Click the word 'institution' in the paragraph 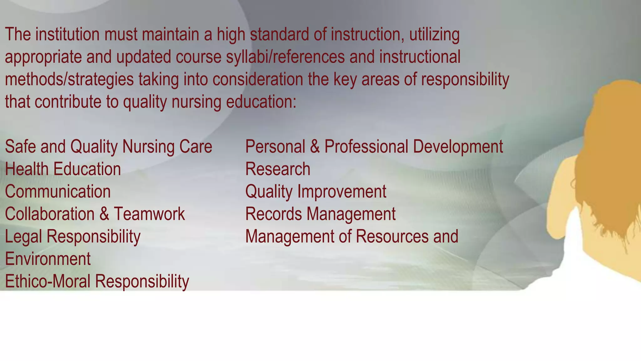point(67,34)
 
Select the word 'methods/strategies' point(69,80)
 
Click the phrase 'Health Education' point(63,169)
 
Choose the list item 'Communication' point(58,191)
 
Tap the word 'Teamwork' point(149,214)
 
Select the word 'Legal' point(23,237)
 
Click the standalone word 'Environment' point(48,259)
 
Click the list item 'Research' point(278,169)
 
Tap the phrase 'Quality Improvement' point(315,191)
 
